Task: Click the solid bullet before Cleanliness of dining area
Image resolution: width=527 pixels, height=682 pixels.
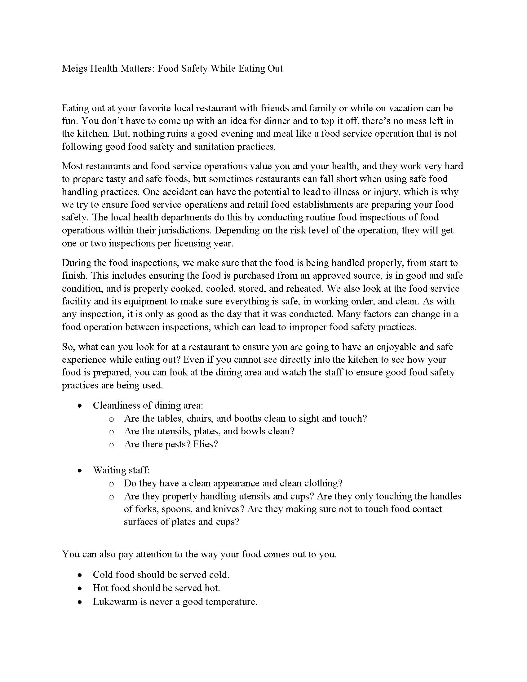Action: (80, 406)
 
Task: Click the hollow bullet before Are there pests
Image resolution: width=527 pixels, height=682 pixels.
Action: (111, 445)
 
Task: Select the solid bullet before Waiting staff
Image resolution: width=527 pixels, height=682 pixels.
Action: (80, 471)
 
